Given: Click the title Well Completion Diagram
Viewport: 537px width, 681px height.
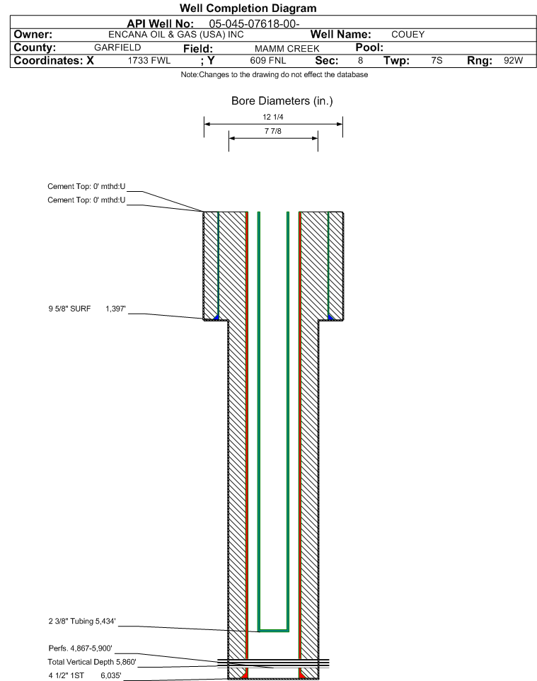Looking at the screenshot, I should pyautogui.click(x=248, y=8).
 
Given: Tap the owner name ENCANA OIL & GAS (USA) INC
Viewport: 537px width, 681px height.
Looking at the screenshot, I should pyautogui.click(x=177, y=35).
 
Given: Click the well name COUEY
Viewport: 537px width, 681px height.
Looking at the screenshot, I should pyautogui.click(x=408, y=35).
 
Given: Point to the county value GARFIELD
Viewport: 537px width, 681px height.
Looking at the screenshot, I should pyautogui.click(x=117, y=47).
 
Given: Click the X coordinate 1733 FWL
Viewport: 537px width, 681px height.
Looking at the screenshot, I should pyautogui.click(x=149, y=61).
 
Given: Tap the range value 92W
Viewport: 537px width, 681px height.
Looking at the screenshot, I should pyautogui.click(x=513, y=61).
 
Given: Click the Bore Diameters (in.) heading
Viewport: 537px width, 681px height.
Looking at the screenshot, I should pyautogui.click(x=282, y=101).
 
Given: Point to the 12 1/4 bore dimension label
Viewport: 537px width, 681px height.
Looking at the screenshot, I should pyautogui.click(x=272, y=118).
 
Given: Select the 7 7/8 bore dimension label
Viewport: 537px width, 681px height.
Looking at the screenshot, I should pyautogui.click(x=272, y=132).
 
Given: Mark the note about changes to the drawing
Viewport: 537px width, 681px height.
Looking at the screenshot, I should pyautogui.click(x=275, y=75).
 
